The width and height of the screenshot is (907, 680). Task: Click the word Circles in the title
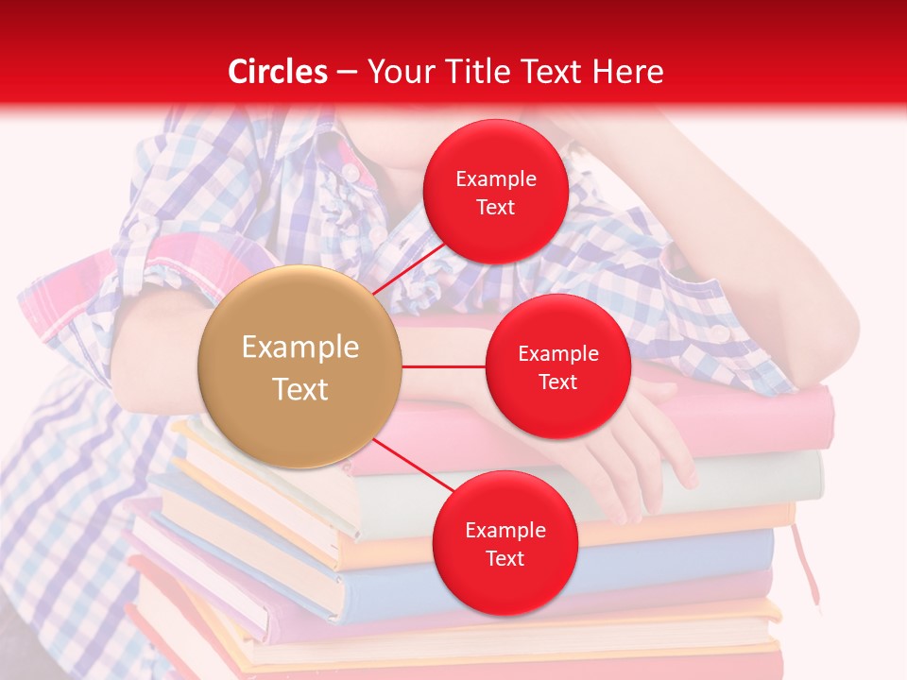pos(278,72)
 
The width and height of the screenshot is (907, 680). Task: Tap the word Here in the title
pos(628,72)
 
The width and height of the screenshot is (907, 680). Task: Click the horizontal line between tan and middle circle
pos(443,365)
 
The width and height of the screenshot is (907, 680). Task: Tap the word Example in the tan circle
pos(300,348)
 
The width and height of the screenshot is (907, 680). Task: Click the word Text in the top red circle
pos(495,207)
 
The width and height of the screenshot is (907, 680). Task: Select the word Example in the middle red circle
pos(557,354)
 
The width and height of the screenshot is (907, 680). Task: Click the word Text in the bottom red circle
pos(505,558)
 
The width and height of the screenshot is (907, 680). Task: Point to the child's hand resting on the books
pos(642,453)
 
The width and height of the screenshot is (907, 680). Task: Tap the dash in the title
pos(347,72)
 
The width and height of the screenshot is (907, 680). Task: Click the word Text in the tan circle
pos(300,389)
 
